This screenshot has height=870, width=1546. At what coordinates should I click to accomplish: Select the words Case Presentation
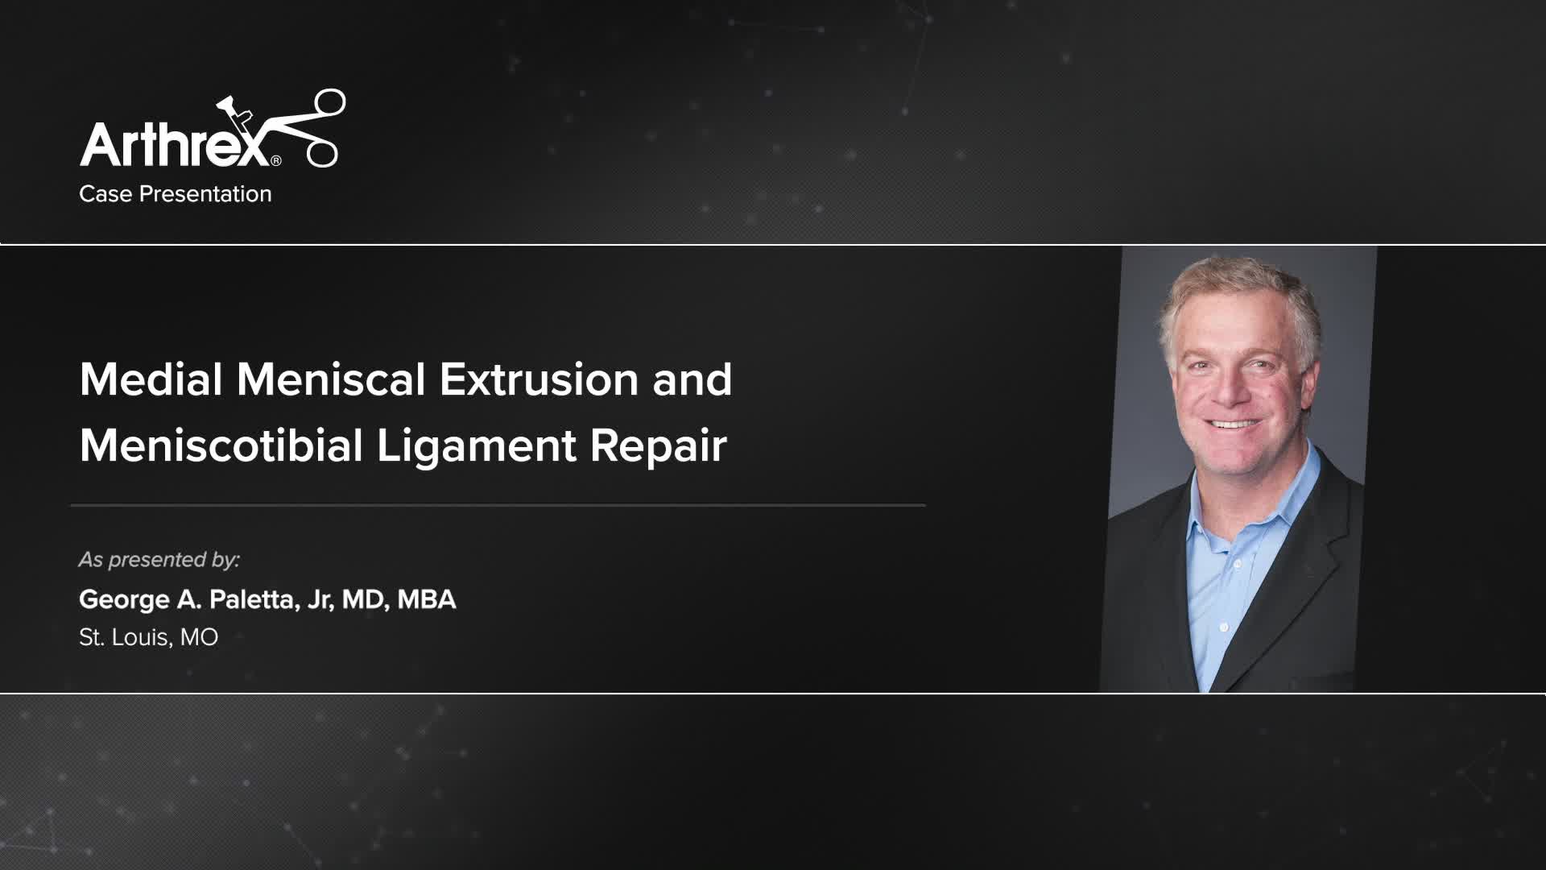click(x=176, y=194)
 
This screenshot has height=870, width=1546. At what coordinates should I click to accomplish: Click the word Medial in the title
click(x=151, y=379)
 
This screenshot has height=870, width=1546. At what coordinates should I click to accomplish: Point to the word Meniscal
click(x=331, y=379)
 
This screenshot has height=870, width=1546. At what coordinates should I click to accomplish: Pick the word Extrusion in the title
click(x=539, y=379)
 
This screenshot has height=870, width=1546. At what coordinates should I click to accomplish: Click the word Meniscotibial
click(x=221, y=445)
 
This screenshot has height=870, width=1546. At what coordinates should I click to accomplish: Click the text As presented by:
click(x=159, y=560)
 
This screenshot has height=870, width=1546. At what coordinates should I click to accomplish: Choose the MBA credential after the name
click(x=427, y=599)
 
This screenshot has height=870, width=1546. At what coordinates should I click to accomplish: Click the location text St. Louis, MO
click(x=149, y=637)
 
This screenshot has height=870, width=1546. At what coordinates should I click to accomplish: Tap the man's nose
click(x=1228, y=391)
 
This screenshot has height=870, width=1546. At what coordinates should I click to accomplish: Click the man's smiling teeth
click(x=1233, y=424)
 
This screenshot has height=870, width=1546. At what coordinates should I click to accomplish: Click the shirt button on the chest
click(x=1223, y=626)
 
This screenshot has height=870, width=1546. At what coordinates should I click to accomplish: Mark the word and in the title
click(x=692, y=379)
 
